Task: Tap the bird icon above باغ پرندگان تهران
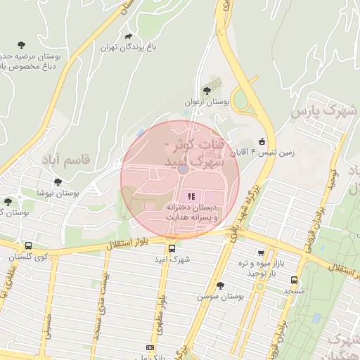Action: pyautogui.click(x=128, y=37)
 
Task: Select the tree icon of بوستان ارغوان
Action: pyautogui.click(x=206, y=90)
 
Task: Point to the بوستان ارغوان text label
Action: pyautogui.click(x=198, y=102)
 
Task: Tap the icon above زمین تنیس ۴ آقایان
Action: pyautogui.click(x=262, y=140)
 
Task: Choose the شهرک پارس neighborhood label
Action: pyautogui.click(x=324, y=110)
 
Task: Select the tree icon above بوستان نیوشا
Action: pyautogui.click(x=58, y=181)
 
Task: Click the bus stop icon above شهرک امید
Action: pyautogui.click(x=172, y=247)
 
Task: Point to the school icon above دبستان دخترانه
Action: pyautogui.click(x=190, y=195)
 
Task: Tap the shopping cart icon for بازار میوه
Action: pyautogui.click(x=261, y=253)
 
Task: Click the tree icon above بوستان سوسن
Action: pyautogui.click(x=221, y=285)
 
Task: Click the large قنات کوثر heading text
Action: pyautogui.click(x=192, y=154)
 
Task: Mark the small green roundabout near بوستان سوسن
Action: pyautogui.click(x=260, y=286)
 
